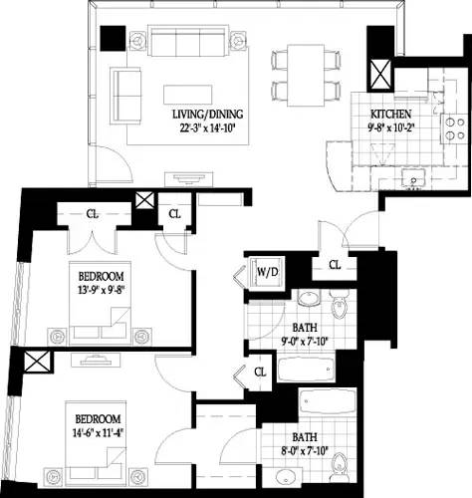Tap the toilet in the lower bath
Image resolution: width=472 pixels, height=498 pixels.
pyautogui.click(x=339, y=463)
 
